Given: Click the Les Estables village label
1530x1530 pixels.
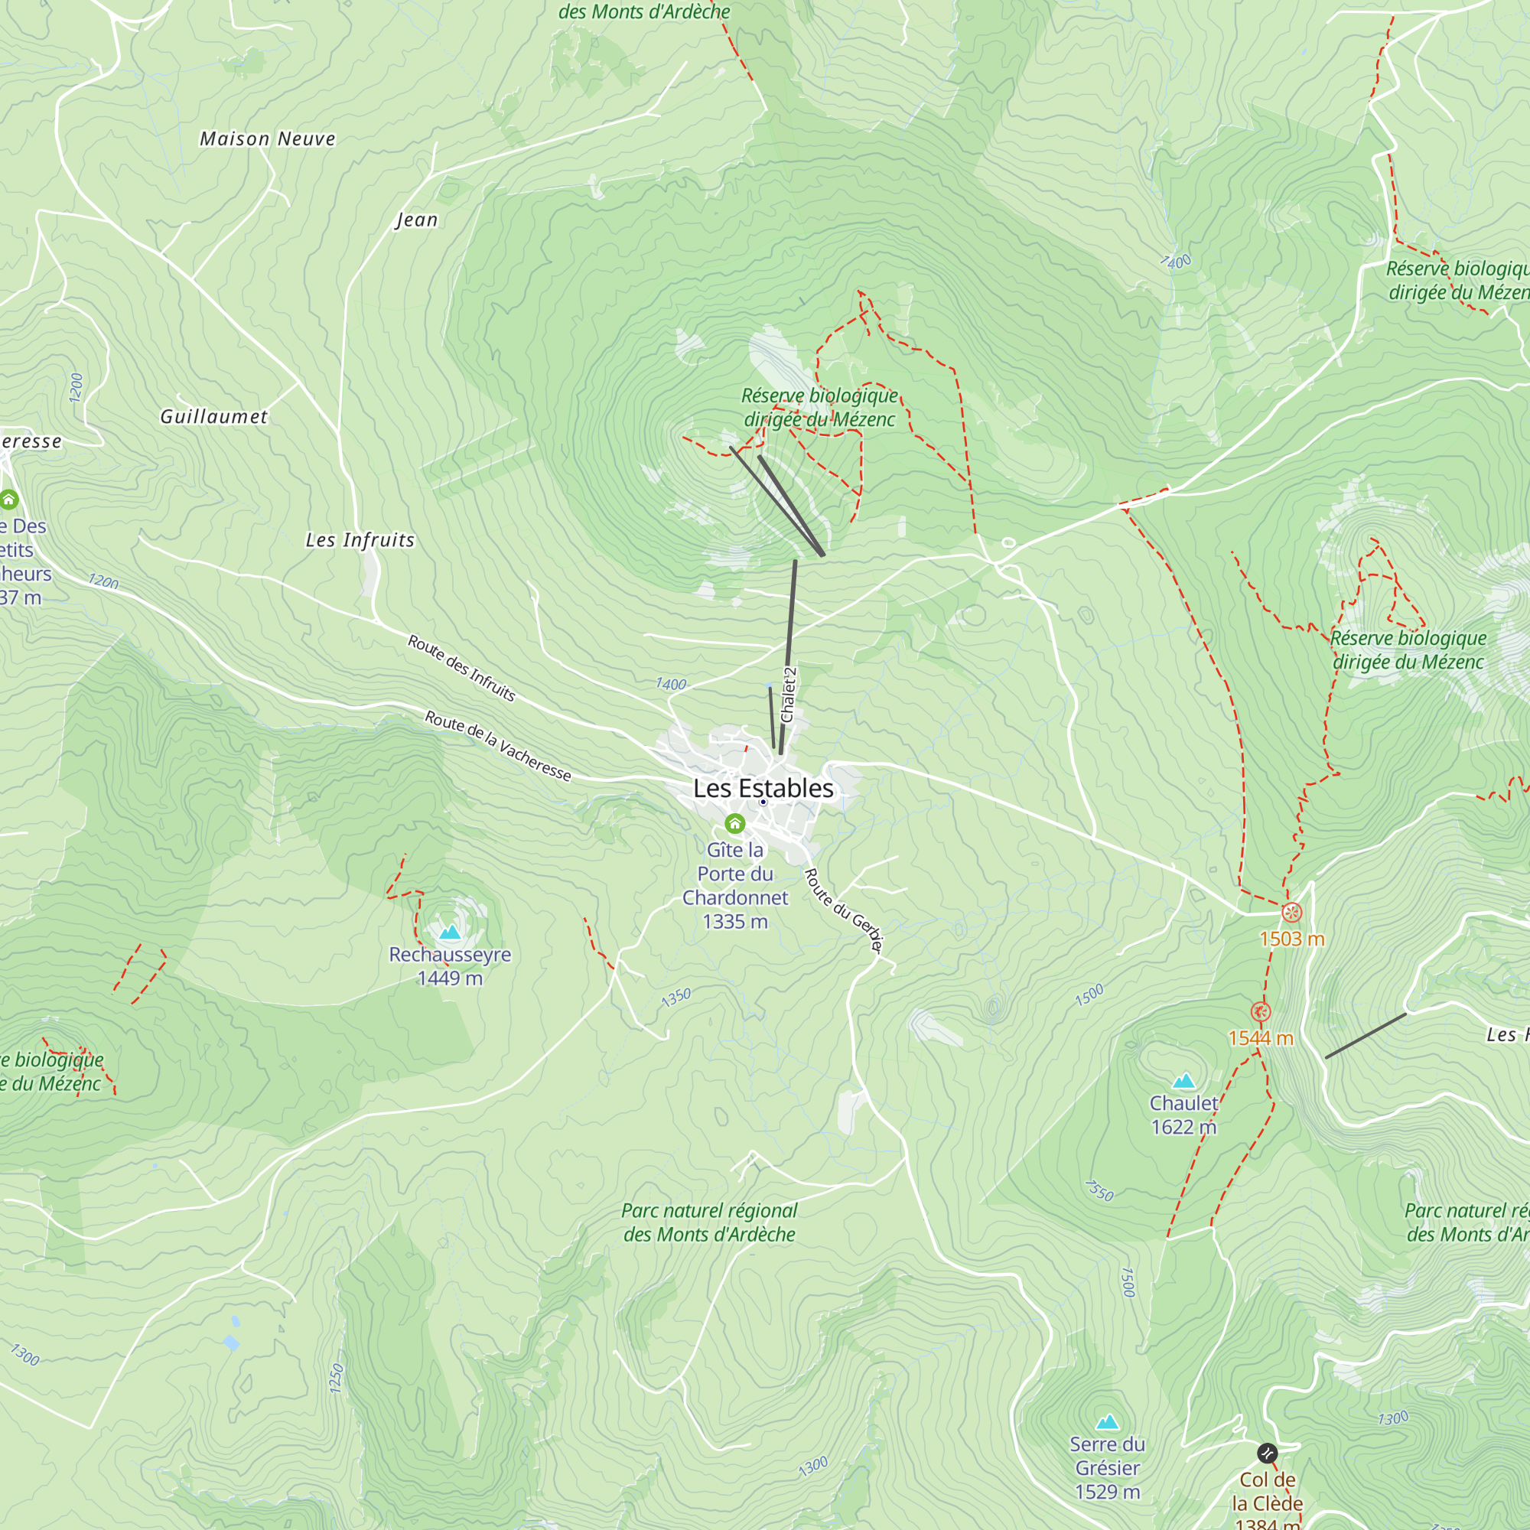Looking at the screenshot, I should [x=763, y=788].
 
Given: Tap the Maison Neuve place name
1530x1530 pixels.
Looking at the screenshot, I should [x=268, y=139].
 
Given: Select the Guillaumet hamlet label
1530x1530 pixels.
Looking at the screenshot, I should [x=214, y=417].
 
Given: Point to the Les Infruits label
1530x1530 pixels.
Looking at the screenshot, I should [x=360, y=540].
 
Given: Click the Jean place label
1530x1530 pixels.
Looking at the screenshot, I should [x=417, y=220].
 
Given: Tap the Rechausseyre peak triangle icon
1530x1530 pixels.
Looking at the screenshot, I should [x=450, y=932].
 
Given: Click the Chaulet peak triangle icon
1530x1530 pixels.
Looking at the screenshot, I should [x=1183, y=1081].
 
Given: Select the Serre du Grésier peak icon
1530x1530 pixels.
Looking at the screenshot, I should [x=1107, y=1421].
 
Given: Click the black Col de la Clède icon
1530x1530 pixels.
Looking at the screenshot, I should [x=1267, y=1453].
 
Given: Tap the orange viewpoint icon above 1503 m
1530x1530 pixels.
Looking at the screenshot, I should [x=1291, y=913].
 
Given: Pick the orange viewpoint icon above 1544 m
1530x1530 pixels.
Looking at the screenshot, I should [x=1261, y=1012].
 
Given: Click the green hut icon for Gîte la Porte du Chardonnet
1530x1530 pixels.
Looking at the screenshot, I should [x=735, y=825].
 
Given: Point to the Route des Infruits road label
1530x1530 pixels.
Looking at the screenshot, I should [x=462, y=668].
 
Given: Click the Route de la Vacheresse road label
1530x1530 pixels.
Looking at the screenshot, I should [x=498, y=745].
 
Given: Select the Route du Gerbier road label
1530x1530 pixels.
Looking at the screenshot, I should [x=843, y=910].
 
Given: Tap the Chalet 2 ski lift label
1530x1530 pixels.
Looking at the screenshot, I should [x=788, y=695].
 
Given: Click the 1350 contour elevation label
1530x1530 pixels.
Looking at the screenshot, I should [x=676, y=998].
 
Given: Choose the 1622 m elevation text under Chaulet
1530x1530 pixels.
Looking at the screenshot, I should [x=1183, y=1127].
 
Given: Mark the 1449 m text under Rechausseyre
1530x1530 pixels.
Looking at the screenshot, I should [x=450, y=979].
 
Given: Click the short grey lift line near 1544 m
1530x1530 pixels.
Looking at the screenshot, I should [x=1366, y=1036].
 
